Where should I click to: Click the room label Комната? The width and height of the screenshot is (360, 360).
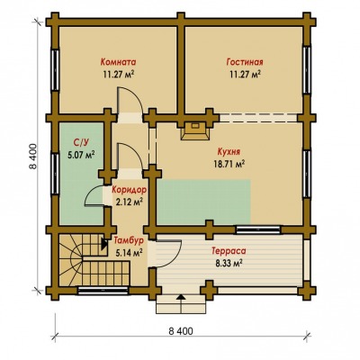118,62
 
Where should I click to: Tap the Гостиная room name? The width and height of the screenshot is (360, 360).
245,62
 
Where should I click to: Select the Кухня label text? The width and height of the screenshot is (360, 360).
229,152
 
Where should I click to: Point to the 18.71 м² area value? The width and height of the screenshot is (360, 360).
229,164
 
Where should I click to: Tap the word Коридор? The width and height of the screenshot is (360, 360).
130,190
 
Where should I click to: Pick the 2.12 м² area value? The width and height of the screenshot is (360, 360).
129,202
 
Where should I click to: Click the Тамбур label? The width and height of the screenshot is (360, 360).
129,240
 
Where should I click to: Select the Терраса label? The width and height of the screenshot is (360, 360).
229,251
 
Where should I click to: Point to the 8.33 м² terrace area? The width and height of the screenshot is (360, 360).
229,263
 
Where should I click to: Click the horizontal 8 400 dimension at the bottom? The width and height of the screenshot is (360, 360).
181,331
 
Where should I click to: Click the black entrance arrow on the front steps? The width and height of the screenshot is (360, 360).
181,297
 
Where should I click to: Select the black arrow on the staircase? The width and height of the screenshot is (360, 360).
104,244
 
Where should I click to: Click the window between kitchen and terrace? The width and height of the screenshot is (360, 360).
258,229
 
